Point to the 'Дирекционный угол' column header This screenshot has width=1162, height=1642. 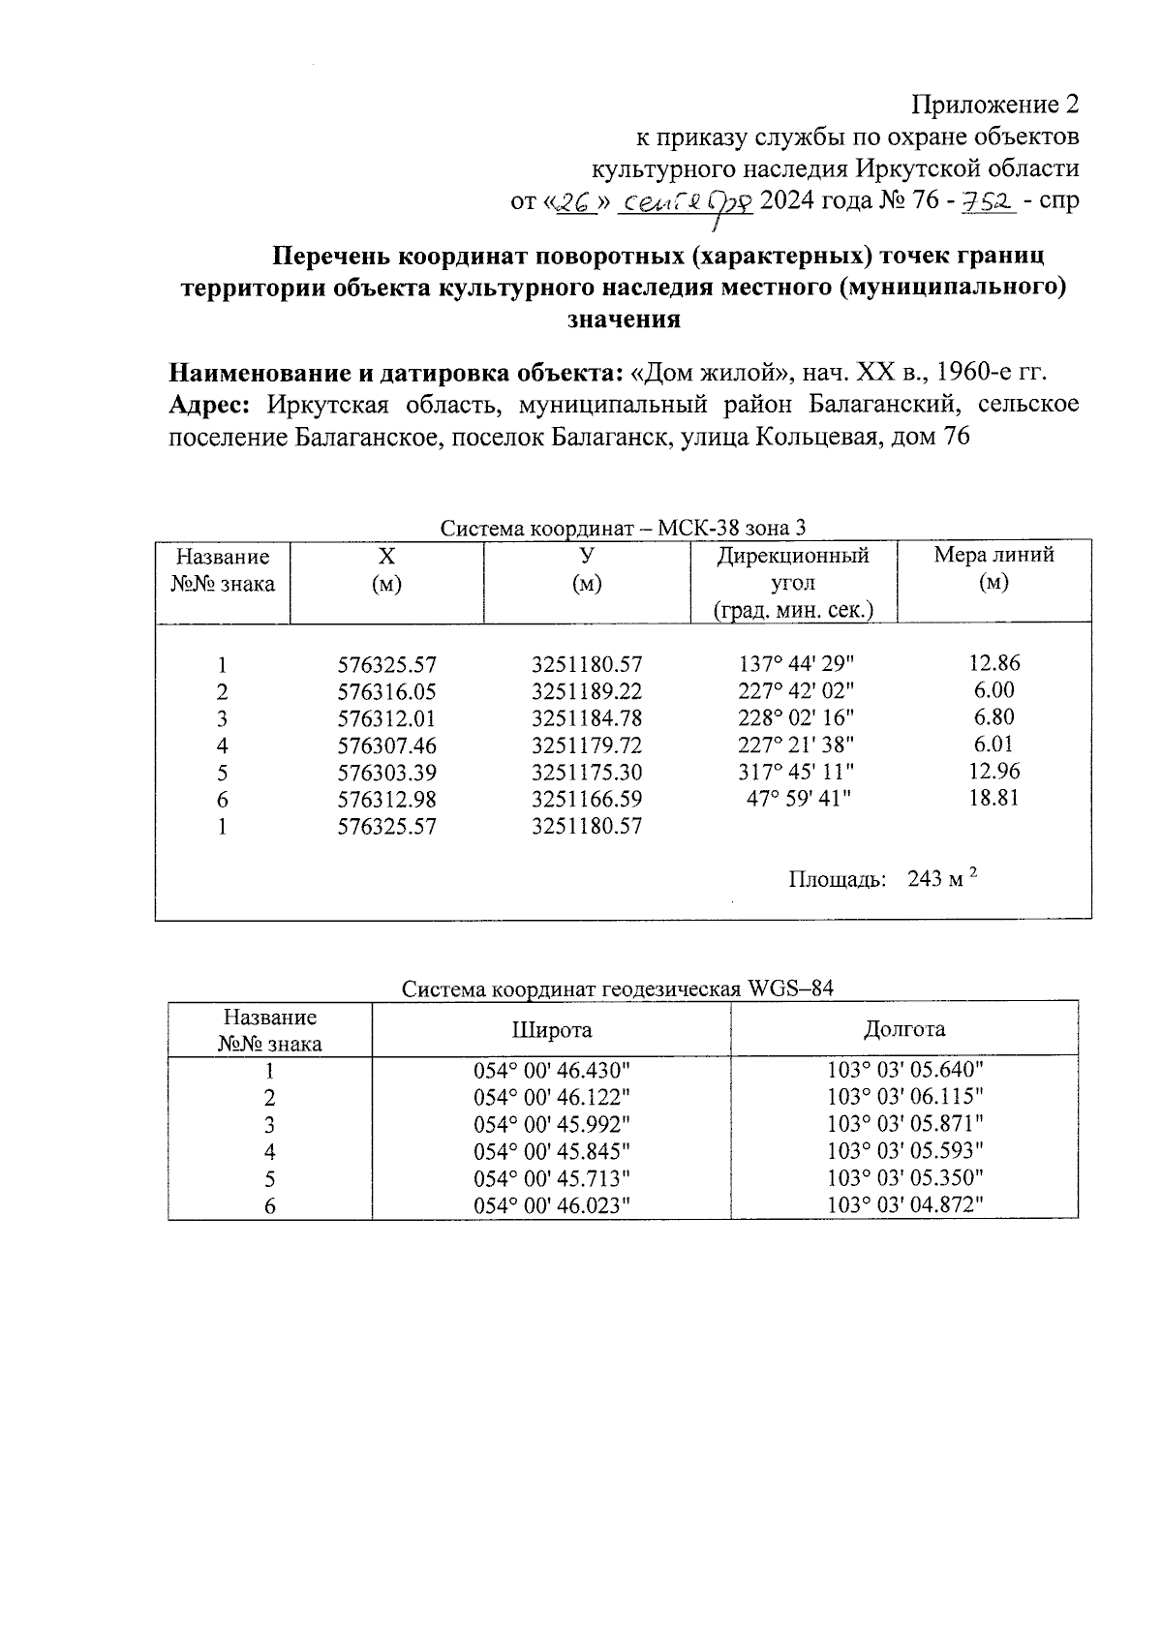click(792, 583)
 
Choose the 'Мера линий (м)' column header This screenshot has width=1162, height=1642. click(994, 568)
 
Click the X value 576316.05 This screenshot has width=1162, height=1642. click(386, 692)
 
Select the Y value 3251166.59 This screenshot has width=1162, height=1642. click(586, 800)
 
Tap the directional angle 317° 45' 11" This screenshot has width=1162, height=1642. click(797, 773)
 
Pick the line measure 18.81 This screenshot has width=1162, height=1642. click(994, 799)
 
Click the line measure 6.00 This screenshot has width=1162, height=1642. click(994, 690)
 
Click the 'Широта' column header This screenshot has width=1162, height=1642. click(552, 1030)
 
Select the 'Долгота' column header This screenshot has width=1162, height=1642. click(904, 1029)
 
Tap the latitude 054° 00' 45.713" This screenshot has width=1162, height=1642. click(552, 1178)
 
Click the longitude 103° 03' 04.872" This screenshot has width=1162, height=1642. click(905, 1205)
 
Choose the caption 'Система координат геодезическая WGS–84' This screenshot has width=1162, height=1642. click(618, 989)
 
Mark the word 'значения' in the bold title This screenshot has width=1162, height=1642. click(623, 319)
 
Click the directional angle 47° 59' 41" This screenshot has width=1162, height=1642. click(797, 800)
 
